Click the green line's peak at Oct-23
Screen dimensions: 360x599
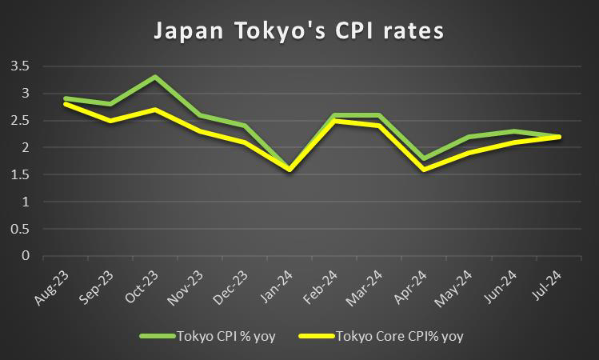(x=155, y=78)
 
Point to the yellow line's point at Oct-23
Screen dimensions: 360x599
(x=155, y=110)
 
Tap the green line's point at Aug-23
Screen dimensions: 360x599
(x=66, y=98)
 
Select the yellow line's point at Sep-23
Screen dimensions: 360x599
(x=110, y=121)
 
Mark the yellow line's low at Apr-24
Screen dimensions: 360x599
(x=423, y=169)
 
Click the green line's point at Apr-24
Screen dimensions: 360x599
(x=423, y=158)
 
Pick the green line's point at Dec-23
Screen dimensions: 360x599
(x=245, y=126)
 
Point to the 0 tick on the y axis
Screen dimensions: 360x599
(x=25, y=256)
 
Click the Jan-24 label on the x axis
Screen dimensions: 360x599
(x=287, y=282)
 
